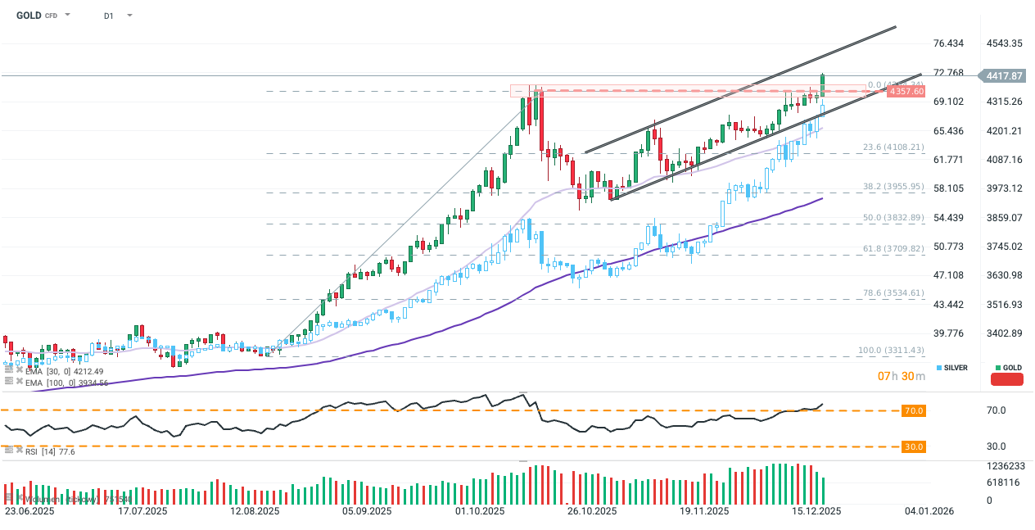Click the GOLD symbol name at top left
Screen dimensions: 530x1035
[29, 15]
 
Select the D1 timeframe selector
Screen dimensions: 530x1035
[109, 16]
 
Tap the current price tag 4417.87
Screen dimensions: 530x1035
[1006, 76]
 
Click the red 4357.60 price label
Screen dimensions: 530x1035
[905, 91]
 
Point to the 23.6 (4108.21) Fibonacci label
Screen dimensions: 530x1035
[893, 147]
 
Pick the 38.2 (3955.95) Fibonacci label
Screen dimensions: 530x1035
[893, 187]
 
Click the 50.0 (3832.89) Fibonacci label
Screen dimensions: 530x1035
[893, 218]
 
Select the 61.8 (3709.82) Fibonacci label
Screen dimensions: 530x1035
[893, 248]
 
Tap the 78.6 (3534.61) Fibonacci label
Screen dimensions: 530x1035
[893, 292]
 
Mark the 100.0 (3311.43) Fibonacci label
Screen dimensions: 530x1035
[891, 351]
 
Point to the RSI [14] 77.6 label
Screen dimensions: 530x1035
[49, 451]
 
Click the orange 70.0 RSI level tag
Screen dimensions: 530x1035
[914, 410]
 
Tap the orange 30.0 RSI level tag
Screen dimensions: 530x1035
[914, 446]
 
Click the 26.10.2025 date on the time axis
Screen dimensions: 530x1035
[591, 511]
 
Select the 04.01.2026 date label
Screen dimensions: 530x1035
[928, 511]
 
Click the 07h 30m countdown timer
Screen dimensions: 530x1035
[902, 376]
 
